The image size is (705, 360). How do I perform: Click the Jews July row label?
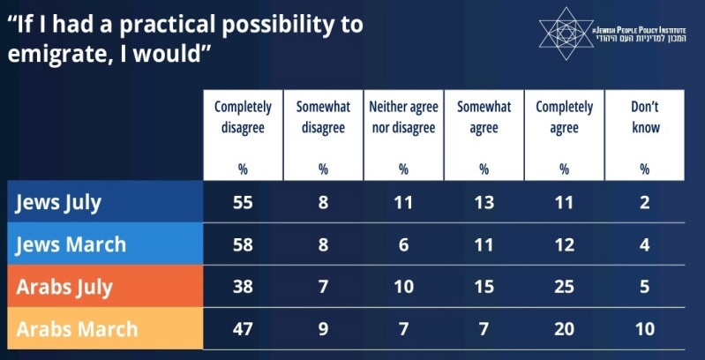click(59, 202)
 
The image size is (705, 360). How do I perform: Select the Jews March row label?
click(71, 244)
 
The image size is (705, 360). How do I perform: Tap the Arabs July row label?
click(65, 287)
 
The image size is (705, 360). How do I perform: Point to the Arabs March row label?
click(77, 329)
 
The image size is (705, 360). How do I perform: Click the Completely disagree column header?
click(243, 117)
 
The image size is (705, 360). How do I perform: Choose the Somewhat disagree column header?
click(323, 117)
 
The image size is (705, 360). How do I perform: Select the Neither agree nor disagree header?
click(403, 117)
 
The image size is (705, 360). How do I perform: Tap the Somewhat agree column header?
click(484, 117)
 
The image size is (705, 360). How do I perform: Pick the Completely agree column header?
click(564, 117)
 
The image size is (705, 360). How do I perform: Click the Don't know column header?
click(645, 117)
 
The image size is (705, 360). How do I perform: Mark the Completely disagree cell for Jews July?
click(243, 202)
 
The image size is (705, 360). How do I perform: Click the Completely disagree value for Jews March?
click(243, 244)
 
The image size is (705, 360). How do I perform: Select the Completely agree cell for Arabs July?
click(564, 287)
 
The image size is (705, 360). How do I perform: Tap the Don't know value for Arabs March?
click(645, 329)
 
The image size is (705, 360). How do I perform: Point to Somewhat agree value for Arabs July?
click(484, 287)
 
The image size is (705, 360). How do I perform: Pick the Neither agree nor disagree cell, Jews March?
click(403, 244)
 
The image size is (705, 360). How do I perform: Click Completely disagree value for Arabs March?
click(243, 329)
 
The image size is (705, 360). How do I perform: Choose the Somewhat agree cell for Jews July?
click(484, 202)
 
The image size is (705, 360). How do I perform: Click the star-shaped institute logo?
click(567, 32)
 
